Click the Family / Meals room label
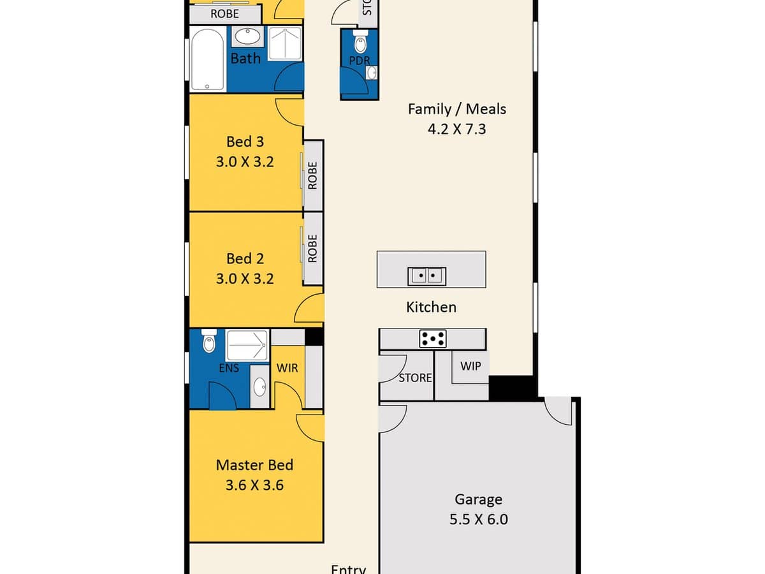point(456,109)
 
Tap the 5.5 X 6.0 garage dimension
point(478,519)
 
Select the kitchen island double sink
point(426,276)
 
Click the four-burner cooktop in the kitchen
point(433,339)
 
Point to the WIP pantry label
point(470,367)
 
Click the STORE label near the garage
point(415,378)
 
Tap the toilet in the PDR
point(360,43)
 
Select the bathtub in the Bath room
point(207,59)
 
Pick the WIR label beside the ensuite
point(287,368)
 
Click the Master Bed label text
point(254,465)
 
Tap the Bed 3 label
point(245,141)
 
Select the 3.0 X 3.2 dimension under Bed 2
point(245,279)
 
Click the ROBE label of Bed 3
point(312,175)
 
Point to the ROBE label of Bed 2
point(312,249)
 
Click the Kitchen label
point(431,307)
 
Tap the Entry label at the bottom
point(348,568)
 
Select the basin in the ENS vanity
point(259,386)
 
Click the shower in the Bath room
point(284,43)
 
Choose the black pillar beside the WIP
point(512,388)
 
